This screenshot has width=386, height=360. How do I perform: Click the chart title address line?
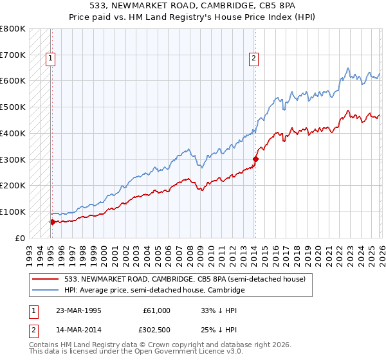(192, 6)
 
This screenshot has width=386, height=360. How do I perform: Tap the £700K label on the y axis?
(14, 55)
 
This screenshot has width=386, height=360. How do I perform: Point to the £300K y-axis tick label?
(14, 159)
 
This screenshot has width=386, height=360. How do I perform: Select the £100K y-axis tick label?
(14, 212)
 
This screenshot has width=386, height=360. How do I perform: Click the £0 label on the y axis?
(19, 238)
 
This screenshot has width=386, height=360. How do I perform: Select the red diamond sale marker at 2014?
(255, 158)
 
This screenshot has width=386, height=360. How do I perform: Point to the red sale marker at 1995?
(52, 222)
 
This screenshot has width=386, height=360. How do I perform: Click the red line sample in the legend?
(47, 279)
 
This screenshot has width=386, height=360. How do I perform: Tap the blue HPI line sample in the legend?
(47, 291)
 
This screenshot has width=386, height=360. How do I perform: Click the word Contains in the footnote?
(46, 346)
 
